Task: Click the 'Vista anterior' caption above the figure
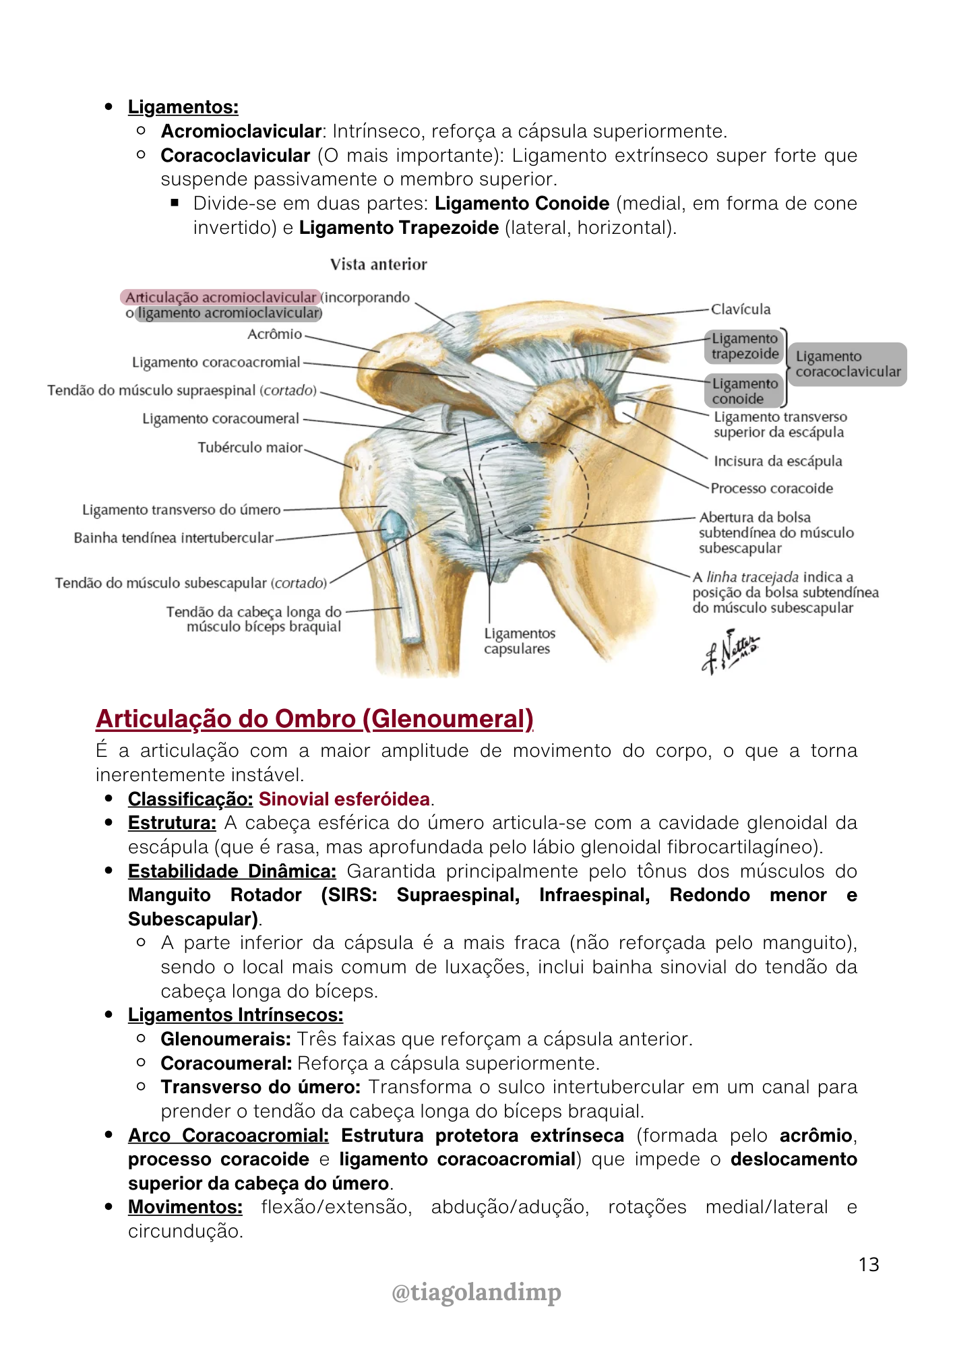[378, 264]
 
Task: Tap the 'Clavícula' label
[741, 309]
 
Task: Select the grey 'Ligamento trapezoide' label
[745, 346]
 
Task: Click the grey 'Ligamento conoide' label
[744, 391]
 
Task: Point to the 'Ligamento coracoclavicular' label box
[847, 364]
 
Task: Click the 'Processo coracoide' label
[772, 488]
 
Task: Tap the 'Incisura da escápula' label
[778, 461]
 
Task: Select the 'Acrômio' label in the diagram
[274, 334]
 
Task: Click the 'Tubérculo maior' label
[250, 448]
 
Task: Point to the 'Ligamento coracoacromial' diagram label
[216, 363]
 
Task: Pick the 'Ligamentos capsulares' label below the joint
[519, 641]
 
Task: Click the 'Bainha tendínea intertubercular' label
[174, 538]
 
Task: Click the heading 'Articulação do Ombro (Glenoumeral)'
[314, 719]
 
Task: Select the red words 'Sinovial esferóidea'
[344, 799]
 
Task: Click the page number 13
[869, 1264]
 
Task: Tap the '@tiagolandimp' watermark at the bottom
[476, 1292]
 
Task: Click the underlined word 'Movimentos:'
[185, 1207]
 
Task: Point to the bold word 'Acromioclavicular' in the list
[241, 131]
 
